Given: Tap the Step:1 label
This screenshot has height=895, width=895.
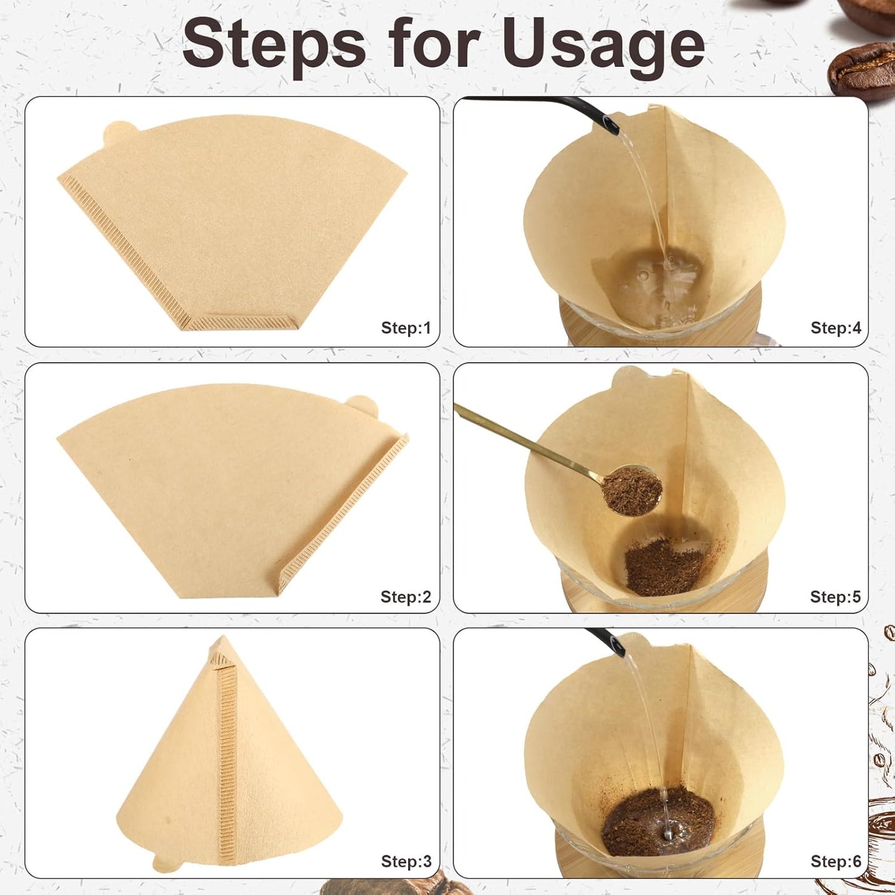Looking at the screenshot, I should (x=406, y=328).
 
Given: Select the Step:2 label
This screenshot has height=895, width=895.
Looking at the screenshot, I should (x=406, y=596).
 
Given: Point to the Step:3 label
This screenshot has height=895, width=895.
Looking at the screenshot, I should (x=406, y=861).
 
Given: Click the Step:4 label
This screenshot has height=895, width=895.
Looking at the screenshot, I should (x=836, y=328).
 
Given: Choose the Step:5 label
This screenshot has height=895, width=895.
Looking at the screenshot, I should (x=835, y=596).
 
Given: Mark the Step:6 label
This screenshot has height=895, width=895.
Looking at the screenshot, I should (x=836, y=861).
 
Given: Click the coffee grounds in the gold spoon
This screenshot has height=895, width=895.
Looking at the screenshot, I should (x=631, y=491).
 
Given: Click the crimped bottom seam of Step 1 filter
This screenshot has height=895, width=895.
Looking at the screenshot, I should (x=242, y=323).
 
